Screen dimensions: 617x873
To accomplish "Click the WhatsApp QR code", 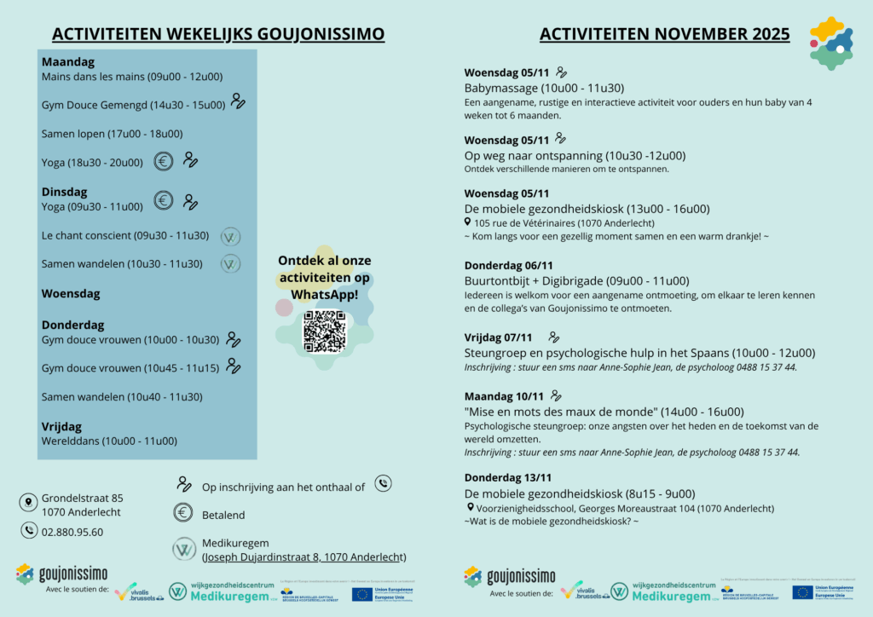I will tap(325, 332).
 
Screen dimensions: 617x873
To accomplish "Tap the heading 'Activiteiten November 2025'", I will tap(664, 34).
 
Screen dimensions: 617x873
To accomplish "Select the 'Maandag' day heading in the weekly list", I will tap(68, 62).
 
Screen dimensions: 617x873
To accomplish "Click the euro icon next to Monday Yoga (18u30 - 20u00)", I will tap(164, 160).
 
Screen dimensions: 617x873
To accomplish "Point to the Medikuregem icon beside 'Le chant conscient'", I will tap(230, 236).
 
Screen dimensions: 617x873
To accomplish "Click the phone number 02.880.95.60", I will tap(72, 532).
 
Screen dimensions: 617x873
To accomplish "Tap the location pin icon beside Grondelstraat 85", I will tap(30, 503).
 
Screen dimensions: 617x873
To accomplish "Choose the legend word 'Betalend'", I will tap(223, 515).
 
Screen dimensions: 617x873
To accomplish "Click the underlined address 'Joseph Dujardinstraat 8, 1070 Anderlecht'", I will tap(304, 556).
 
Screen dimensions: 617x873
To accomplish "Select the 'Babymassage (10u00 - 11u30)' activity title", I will tap(544, 88).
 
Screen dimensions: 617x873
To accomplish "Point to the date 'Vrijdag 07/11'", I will tap(498, 337).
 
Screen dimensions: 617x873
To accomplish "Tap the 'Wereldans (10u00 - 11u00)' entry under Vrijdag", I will tap(109, 441).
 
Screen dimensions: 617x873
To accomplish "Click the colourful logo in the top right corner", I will tap(830, 42).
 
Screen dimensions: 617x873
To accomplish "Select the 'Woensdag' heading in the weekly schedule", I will tap(71, 293).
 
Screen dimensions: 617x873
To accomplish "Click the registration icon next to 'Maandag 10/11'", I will tap(557, 395).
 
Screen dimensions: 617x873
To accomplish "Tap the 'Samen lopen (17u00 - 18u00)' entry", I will tap(112, 134).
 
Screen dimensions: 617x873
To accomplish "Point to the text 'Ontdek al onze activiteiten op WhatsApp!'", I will tap(325, 277).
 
